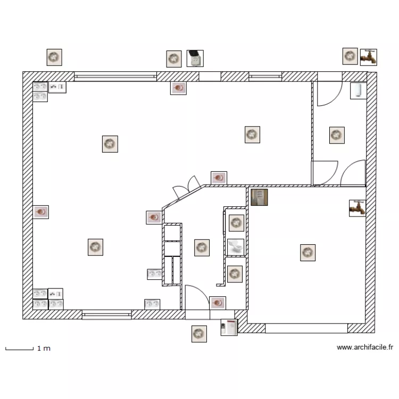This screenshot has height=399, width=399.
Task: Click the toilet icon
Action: point(235,247)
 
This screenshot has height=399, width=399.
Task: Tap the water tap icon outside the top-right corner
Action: point(368,56)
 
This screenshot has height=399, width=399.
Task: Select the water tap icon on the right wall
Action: point(357,207)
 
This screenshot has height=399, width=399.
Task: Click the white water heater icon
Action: point(358,90)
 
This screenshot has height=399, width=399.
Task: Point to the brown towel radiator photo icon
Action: point(259,197)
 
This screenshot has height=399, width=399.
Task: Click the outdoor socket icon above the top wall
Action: point(195,58)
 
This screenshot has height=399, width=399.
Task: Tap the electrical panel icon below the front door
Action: point(229,327)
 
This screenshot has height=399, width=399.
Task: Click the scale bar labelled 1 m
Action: point(19,349)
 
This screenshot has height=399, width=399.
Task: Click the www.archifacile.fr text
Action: point(364,347)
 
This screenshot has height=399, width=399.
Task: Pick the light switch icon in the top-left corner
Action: point(57,87)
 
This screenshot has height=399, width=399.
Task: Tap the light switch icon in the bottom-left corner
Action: point(55,294)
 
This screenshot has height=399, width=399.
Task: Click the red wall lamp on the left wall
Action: point(41,212)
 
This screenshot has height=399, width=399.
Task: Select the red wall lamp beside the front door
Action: point(218,303)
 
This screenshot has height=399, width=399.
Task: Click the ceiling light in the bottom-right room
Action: point(307,253)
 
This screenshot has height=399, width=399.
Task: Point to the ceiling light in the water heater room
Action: point(337,135)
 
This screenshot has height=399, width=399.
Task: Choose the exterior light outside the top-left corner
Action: point(54,57)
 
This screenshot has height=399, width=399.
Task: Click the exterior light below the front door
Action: point(199,334)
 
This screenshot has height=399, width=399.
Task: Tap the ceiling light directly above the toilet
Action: point(236,223)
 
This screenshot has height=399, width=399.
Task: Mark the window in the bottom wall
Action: point(106,315)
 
